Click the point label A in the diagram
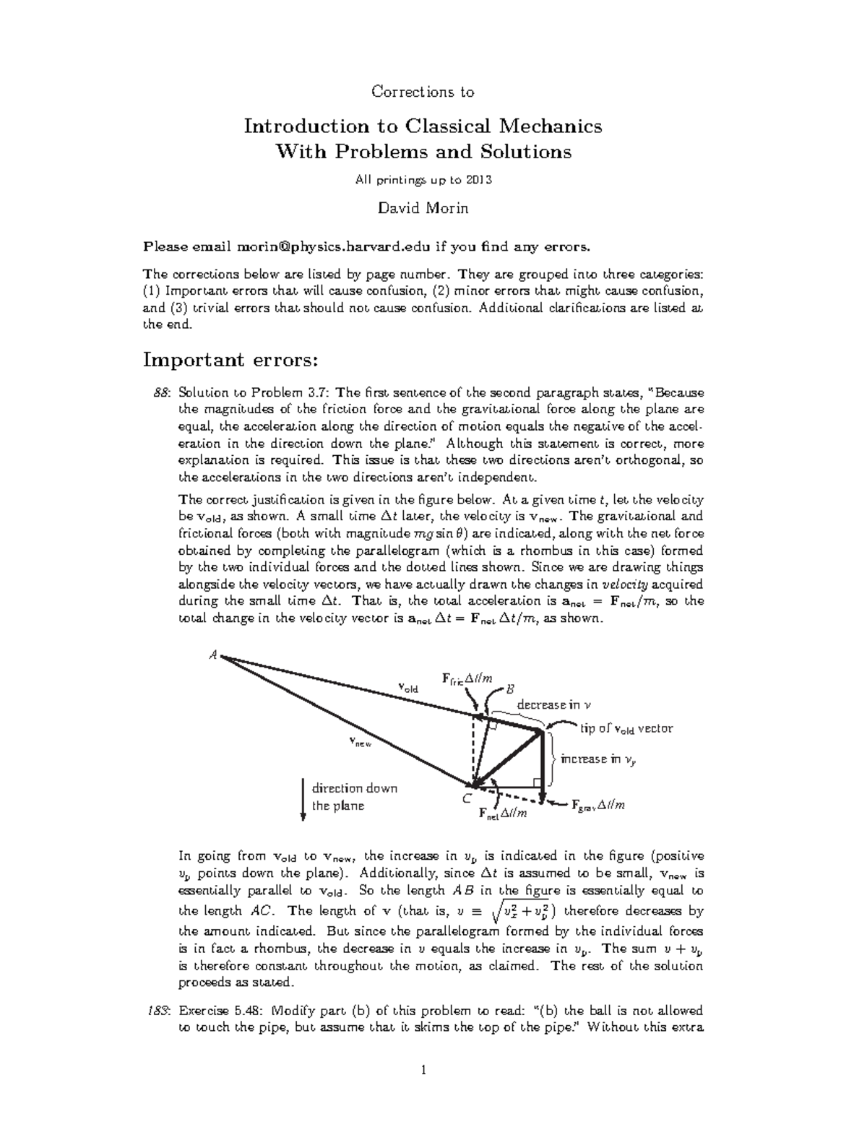213,655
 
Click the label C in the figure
467,798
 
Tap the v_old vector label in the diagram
408,688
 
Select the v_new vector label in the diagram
360,741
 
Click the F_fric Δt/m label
467,678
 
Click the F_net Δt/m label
503,814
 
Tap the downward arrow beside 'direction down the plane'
303,798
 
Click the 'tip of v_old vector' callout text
626,728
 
